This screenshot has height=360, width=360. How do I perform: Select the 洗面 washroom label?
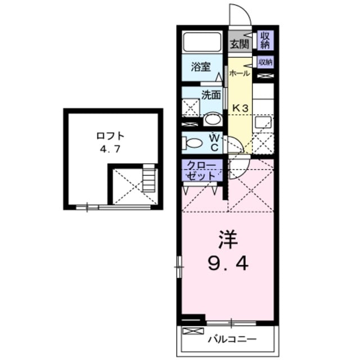point(211,94)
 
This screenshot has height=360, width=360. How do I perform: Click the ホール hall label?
point(239,73)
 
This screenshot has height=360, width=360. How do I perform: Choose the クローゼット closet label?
point(202,170)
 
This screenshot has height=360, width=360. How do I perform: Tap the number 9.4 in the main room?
point(228,263)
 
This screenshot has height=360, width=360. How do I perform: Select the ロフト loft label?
point(110,136)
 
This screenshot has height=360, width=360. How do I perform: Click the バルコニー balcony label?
point(231,339)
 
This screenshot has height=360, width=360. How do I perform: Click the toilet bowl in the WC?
point(194,143)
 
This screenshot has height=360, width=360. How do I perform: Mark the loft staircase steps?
point(148,180)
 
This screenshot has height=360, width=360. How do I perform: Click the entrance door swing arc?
point(236,14)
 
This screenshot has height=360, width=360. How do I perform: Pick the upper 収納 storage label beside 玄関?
point(264,40)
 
